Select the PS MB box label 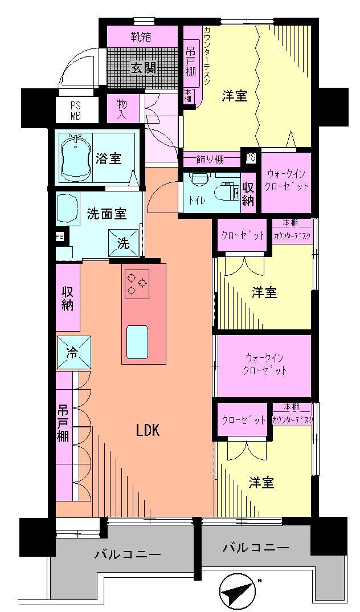coord(76,111)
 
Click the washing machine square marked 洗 coord(124,243)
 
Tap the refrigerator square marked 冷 coord(73,352)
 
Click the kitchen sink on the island coord(137,341)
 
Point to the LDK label coord(147,431)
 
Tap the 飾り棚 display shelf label coord(211,158)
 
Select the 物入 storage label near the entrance coord(121,109)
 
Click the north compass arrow coord(239,593)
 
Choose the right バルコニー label coord(255,548)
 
